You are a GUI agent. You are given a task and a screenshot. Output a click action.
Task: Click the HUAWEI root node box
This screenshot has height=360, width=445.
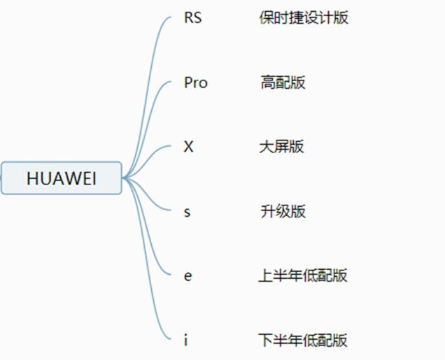click(62, 178)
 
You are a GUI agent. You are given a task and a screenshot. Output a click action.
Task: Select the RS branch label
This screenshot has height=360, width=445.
click(192, 18)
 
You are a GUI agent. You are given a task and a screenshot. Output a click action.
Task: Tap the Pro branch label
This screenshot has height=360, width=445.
click(195, 82)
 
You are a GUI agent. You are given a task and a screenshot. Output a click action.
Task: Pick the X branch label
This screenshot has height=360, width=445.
click(188, 147)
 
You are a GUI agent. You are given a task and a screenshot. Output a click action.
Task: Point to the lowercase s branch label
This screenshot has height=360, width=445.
click(187, 212)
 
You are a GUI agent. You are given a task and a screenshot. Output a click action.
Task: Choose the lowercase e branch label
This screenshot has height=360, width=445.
click(188, 275)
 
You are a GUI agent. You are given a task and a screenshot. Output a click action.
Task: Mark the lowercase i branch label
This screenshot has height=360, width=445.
click(185, 340)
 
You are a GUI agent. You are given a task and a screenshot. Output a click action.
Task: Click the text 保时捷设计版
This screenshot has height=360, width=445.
click(303, 18)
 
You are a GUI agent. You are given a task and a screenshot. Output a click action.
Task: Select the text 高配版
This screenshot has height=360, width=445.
click(283, 82)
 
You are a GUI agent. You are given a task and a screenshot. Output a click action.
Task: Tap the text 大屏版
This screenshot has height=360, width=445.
click(281, 147)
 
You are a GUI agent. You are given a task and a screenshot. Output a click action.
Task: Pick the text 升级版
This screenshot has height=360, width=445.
click(283, 211)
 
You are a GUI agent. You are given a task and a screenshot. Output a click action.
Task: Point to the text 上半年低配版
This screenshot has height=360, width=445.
click(302, 275)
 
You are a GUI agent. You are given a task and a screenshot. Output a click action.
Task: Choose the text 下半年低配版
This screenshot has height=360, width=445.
click(302, 340)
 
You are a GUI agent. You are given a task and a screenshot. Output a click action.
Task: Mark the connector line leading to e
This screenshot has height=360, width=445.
click(150, 238)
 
